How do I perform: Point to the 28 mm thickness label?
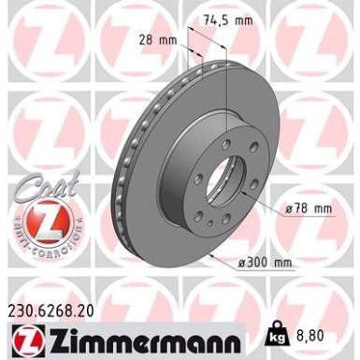click(156, 39)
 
